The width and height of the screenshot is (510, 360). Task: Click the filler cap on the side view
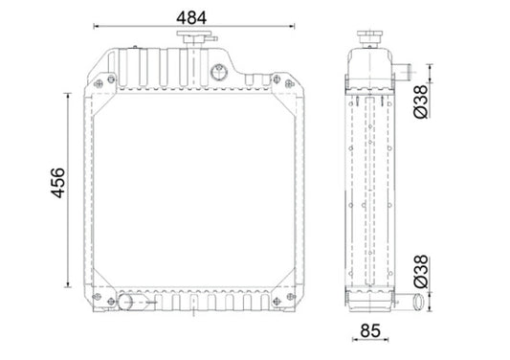[369, 40]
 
